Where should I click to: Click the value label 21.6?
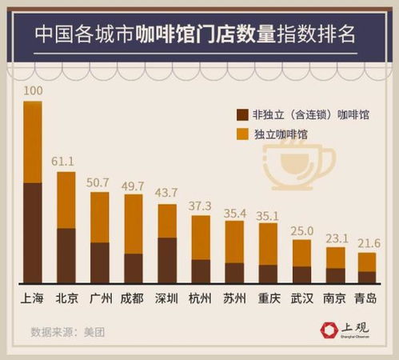366,243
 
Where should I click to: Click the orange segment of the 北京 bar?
66,200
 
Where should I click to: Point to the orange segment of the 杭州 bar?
200,237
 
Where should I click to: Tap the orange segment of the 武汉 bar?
301,253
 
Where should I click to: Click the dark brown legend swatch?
243,115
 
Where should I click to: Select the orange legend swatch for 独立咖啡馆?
243,135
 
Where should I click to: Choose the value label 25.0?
301,230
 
